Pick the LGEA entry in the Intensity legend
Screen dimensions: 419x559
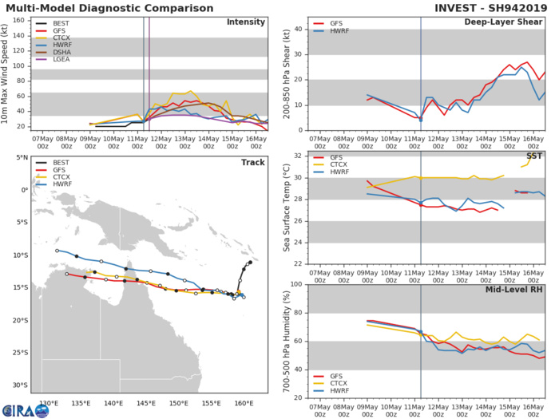point(57,69)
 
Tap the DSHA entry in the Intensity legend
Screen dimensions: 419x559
point(57,61)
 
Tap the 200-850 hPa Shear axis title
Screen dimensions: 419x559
point(286,73)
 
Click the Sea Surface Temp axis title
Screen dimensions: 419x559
point(286,206)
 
